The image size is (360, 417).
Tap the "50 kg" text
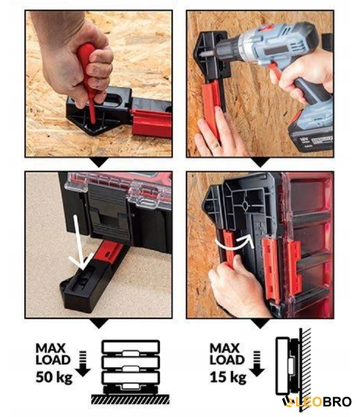pos(54,377)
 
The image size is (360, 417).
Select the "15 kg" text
pos(228,377)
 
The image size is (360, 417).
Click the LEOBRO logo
pos(316,402)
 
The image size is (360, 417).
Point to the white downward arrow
pos(79,244)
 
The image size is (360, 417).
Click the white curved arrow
pos(234,241)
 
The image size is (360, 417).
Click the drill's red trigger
pos(275,70)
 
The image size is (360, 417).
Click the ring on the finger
pos(215,146)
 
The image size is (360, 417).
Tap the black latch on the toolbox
pos(110,211)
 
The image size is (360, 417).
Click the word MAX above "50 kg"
pos(51,348)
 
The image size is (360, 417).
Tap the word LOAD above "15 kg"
pos(227,360)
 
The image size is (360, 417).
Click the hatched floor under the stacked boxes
pos(131,399)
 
